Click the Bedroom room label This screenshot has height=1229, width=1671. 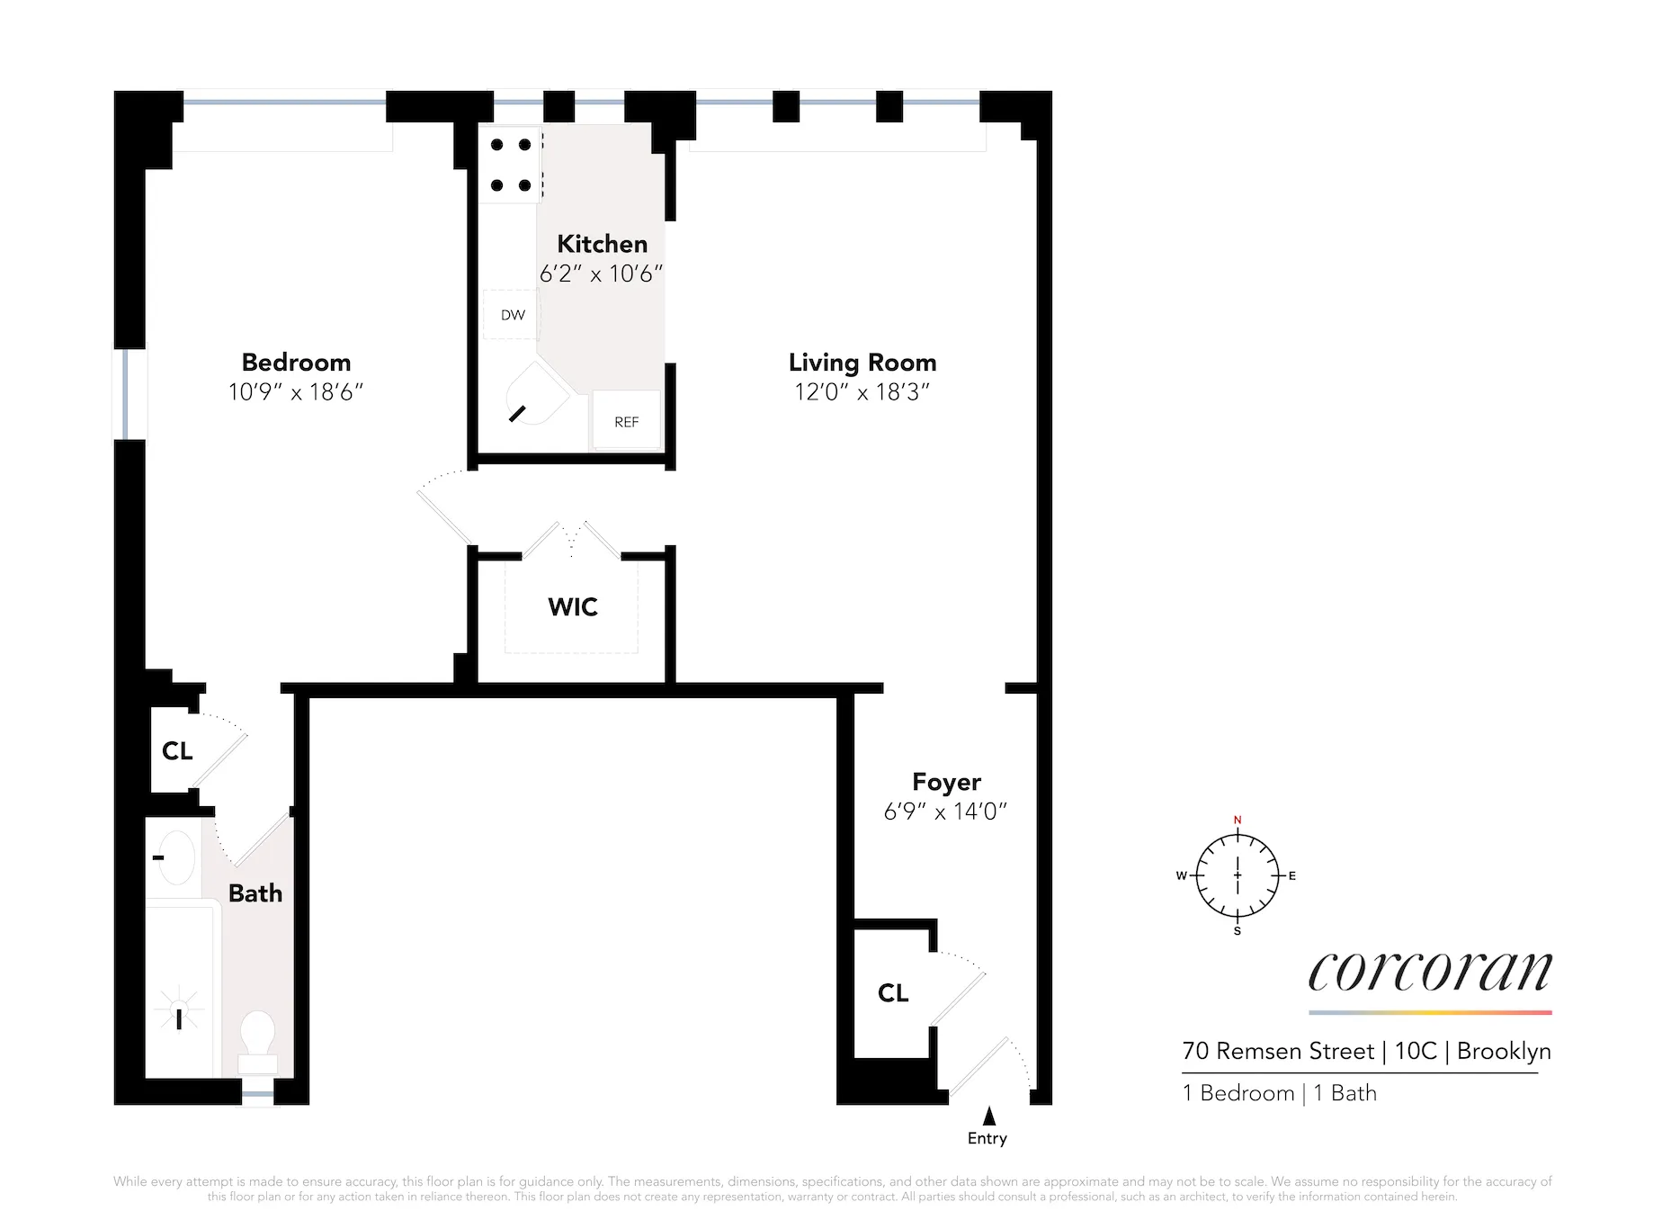296,363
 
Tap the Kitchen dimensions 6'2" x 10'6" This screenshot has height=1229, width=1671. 601,274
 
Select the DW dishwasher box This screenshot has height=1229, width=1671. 512,315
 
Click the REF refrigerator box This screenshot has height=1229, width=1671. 626,421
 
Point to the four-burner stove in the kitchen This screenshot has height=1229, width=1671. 510,166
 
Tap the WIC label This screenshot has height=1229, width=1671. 573,607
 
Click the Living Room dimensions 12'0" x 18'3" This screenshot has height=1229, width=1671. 862,392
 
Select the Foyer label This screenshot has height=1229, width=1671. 946,782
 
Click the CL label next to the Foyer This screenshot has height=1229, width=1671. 893,993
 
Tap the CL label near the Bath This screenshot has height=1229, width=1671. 177,751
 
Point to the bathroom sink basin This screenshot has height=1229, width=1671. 176,857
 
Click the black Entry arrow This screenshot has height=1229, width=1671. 989,1117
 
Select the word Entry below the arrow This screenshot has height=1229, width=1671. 987,1139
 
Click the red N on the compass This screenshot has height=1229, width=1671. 1238,820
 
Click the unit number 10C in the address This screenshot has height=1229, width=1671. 1416,1052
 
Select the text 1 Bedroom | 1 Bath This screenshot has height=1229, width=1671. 1279,1093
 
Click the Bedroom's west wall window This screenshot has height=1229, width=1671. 129,395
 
